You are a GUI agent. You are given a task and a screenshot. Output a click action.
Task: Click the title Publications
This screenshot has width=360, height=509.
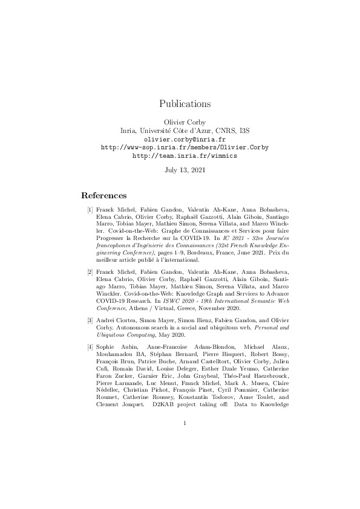[185, 103]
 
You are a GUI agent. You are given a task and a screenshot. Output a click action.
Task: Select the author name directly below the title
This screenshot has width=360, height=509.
[185, 122]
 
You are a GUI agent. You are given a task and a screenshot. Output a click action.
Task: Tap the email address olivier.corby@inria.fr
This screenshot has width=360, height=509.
[185, 138]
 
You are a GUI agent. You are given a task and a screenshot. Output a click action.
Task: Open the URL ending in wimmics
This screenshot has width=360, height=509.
[185, 155]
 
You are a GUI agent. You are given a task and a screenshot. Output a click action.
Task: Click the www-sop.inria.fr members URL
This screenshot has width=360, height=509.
[185, 147]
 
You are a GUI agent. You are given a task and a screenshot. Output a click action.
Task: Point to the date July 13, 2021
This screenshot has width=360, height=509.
[185, 170]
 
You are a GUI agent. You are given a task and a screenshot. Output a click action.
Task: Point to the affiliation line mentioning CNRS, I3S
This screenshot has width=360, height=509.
[185, 130]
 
